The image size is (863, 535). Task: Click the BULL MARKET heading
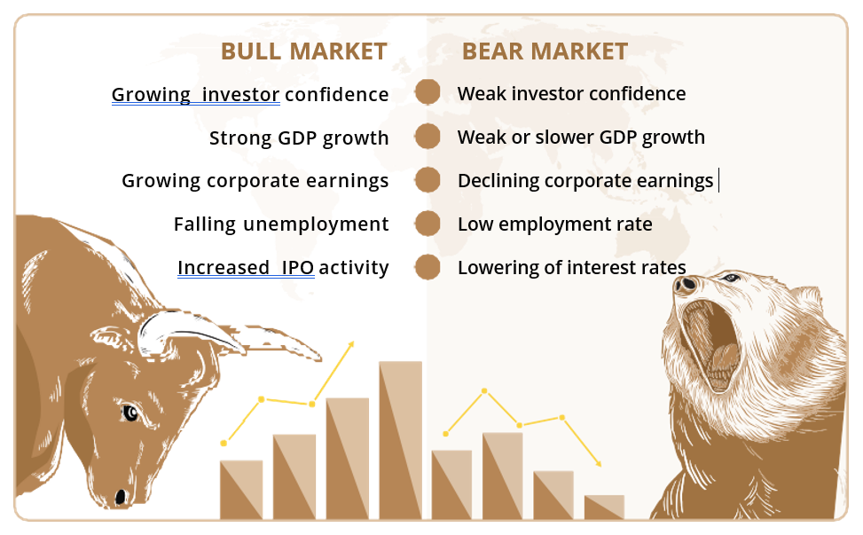tap(304, 51)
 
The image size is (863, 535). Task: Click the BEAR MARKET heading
tap(545, 51)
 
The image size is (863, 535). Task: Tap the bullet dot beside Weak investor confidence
tap(428, 92)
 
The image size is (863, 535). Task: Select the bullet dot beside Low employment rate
tap(428, 224)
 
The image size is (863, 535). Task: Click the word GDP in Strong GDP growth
tap(297, 138)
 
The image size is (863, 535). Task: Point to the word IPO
tap(298, 268)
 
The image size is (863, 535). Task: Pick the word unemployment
tap(316, 224)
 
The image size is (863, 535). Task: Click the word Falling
tap(205, 224)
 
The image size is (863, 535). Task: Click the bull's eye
tap(130, 413)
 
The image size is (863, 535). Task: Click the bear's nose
tap(686, 284)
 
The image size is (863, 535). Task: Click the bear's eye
tap(731, 278)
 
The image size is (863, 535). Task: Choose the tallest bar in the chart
tap(401, 440)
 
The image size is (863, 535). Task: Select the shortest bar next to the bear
tap(604, 507)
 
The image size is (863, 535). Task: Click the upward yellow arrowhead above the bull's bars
tap(350, 344)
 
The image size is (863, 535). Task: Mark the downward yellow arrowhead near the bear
tap(599, 463)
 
